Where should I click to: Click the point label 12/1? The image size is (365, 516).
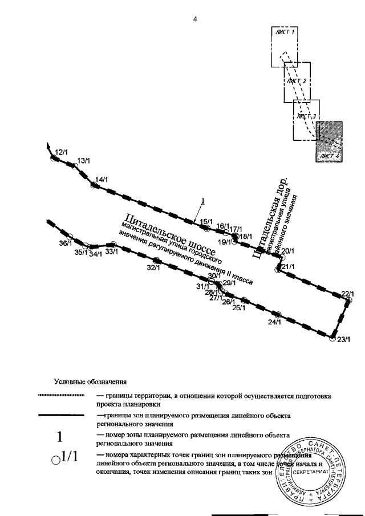[61, 152]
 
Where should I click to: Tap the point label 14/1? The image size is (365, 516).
[102, 180]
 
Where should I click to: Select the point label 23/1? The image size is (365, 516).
[342, 340]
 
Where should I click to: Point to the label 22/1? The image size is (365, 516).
[348, 294]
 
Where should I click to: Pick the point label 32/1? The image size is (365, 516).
[152, 267]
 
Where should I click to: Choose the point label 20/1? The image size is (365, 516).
[288, 250]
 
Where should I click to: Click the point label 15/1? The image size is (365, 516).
[206, 221]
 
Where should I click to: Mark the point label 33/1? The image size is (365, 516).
[112, 251]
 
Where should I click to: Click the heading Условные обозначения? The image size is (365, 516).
[90, 381]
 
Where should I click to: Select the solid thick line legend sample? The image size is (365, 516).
[60, 416]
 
